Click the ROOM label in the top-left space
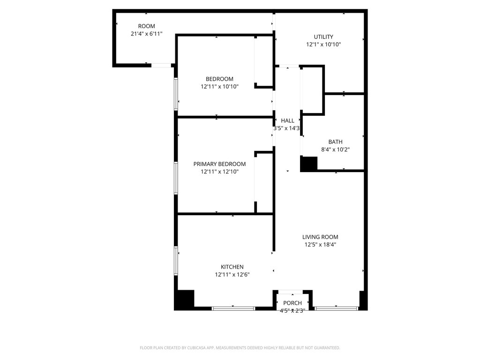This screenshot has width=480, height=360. pos(146,26)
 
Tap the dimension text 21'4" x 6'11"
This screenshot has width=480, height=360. pos(146,34)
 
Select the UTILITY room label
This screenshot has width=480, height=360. pos(323,37)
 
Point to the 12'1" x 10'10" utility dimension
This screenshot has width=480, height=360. pos(323,45)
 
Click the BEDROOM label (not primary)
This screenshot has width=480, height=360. pos(219,79)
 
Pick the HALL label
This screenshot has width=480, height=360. pos(287,120)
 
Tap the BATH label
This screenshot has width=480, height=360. pos(335,142)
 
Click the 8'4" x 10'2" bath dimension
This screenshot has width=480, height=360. pos(335,150)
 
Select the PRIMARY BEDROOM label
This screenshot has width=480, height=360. pos(219,164)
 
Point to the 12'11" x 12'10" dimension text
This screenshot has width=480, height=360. pos(219,172)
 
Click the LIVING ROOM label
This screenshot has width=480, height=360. pos(320,237)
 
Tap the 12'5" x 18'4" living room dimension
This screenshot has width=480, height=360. pos(320,245)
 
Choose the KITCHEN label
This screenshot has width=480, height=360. pos(232,267)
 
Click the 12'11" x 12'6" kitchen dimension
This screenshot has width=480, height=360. pos(232,275)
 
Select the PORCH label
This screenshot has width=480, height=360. pos(292,303)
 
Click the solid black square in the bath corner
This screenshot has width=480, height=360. pos(308,164)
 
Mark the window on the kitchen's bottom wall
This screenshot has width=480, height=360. pos(233,308)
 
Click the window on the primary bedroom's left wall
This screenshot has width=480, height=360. pos(176,178)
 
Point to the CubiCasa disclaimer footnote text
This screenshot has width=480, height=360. pos(240,348)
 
